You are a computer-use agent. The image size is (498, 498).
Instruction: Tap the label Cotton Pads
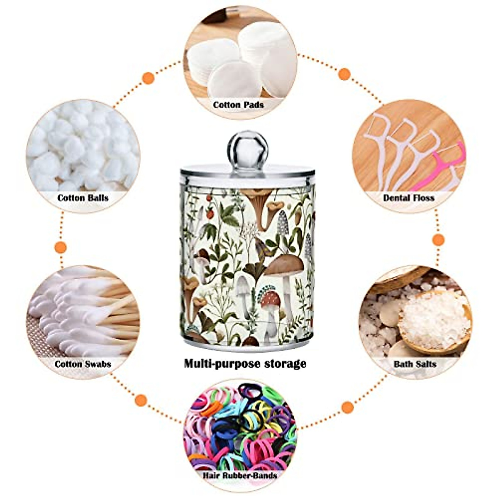click(x=238, y=105)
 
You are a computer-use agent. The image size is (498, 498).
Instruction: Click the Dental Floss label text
click(x=409, y=198)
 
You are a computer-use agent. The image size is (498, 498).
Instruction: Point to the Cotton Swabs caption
click(x=83, y=364)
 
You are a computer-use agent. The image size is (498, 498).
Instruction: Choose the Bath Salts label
click(x=415, y=364)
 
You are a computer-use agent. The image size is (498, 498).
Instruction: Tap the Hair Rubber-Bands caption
click(x=240, y=475)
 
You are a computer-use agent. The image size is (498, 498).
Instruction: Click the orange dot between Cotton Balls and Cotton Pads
click(x=148, y=78)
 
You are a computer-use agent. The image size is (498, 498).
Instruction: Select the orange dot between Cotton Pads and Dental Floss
click(x=344, y=74)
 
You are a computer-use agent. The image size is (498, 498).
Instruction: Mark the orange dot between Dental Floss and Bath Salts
click(x=438, y=239)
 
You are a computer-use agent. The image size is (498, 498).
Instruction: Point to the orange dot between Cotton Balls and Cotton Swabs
click(x=61, y=247)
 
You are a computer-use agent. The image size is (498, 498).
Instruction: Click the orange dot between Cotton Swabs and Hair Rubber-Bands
click(x=141, y=400)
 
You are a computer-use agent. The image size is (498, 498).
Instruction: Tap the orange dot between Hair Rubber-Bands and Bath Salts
click(x=348, y=407)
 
